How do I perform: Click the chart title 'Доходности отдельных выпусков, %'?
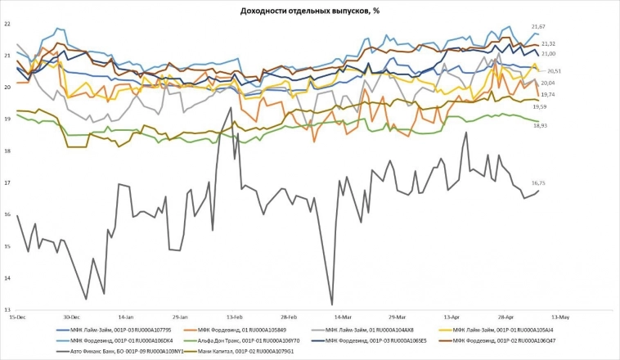point(309,10)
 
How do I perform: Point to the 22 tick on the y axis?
point(7,24)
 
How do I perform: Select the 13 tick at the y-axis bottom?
point(7,309)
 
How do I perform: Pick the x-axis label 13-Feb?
point(234,315)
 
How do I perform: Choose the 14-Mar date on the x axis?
point(342,315)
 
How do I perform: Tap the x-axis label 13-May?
point(559,315)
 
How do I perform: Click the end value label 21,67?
point(538,28)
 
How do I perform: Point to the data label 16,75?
point(538,183)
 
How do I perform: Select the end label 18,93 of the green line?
point(538,125)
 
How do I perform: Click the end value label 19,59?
point(538,107)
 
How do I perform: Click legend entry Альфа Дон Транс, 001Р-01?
point(245,340)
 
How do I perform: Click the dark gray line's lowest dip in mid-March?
point(332,304)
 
